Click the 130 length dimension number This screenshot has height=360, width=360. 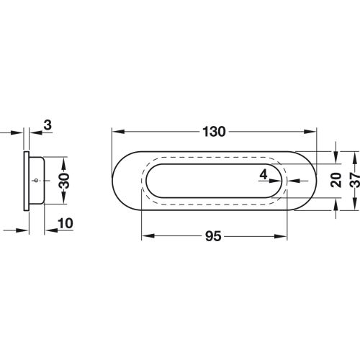(215, 132)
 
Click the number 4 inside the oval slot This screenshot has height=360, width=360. (264, 174)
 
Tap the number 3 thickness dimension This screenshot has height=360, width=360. (47, 125)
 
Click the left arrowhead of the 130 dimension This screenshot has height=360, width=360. (115, 132)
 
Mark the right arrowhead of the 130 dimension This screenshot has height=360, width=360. (313, 132)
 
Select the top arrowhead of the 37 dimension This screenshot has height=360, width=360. (353, 155)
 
